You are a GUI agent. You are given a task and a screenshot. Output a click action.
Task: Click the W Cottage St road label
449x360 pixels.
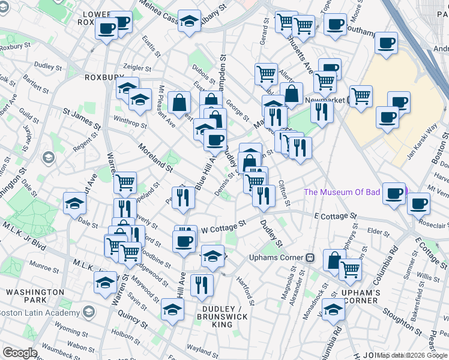[x=223, y=227]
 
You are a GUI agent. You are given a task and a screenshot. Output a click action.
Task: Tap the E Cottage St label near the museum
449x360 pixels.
[x=335, y=216]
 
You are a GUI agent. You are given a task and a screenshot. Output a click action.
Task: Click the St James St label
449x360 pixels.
[x=82, y=119]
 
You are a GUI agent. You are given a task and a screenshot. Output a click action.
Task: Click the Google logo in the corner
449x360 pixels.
[x=20, y=353]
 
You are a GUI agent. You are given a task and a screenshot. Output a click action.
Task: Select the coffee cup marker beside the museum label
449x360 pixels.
[x=394, y=193]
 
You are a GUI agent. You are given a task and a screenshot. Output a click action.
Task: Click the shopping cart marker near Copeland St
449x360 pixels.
[x=125, y=182]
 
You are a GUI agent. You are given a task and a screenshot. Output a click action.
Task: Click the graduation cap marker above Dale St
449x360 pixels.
[x=74, y=203]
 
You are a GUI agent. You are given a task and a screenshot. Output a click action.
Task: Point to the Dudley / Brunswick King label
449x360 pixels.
[x=214, y=316]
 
